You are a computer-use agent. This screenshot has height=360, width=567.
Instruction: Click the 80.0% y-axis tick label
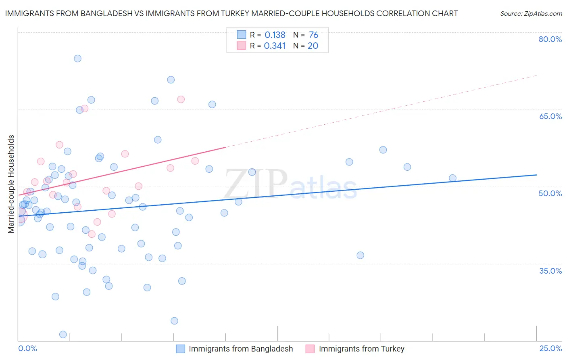point(550,39)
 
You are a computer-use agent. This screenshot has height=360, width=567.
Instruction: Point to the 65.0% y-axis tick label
point(550,116)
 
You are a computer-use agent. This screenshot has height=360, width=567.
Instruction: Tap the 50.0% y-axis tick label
point(550,193)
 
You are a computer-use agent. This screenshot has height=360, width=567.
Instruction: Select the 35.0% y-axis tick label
point(550,270)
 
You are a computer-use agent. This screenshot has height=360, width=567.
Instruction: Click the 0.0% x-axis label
point(27,348)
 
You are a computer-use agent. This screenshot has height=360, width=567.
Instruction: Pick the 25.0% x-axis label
point(550,348)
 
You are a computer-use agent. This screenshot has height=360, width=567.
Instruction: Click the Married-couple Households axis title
point(11,184)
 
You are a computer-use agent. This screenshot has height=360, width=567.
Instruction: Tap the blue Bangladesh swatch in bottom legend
point(180,349)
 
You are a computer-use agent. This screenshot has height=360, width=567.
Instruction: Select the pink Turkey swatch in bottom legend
point(310,349)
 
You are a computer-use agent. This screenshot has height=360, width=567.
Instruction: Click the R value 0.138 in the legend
point(275,35)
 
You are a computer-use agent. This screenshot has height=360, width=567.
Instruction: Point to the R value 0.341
point(275,46)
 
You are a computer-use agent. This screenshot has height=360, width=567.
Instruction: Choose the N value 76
point(313,35)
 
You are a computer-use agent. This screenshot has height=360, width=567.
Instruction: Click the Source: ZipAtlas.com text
point(531,14)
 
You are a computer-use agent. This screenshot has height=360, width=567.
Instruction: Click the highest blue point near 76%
point(77,59)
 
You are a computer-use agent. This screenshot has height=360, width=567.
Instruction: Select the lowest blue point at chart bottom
point(63,334)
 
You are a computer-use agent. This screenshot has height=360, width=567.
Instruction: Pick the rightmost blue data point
point(452,178)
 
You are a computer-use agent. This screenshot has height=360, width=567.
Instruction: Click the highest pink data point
point(181,99)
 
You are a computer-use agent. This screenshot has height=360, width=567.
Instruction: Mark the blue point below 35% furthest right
point(182,281)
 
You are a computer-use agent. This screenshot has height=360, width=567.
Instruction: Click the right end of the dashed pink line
point(536,75)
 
